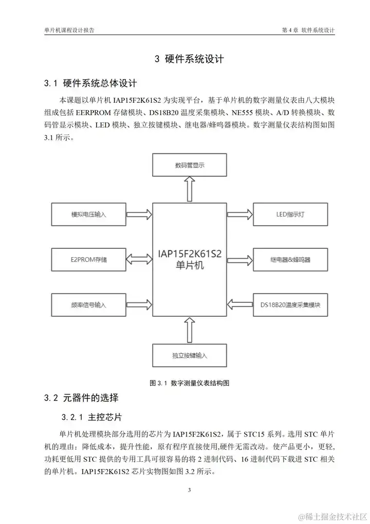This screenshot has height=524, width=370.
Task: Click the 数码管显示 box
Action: pos(190,166)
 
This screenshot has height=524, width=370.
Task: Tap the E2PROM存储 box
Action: pos(88,260)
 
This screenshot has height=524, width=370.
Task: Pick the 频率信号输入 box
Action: pos(88,304)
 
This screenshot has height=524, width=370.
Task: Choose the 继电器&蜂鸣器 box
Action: pos(290,260)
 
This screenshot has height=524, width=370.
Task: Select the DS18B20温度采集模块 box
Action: pos(290,304)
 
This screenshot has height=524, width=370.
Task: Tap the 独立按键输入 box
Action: pos(190,355)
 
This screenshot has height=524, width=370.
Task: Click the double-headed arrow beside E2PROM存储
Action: pos(139,260)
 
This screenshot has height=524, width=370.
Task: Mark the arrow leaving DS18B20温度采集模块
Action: pos(239,304)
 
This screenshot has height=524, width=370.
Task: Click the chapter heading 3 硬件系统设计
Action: pos(189,59)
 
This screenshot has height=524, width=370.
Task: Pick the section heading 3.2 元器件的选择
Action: pos(82,397)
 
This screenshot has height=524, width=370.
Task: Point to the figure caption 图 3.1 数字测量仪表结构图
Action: pos(189,383)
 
